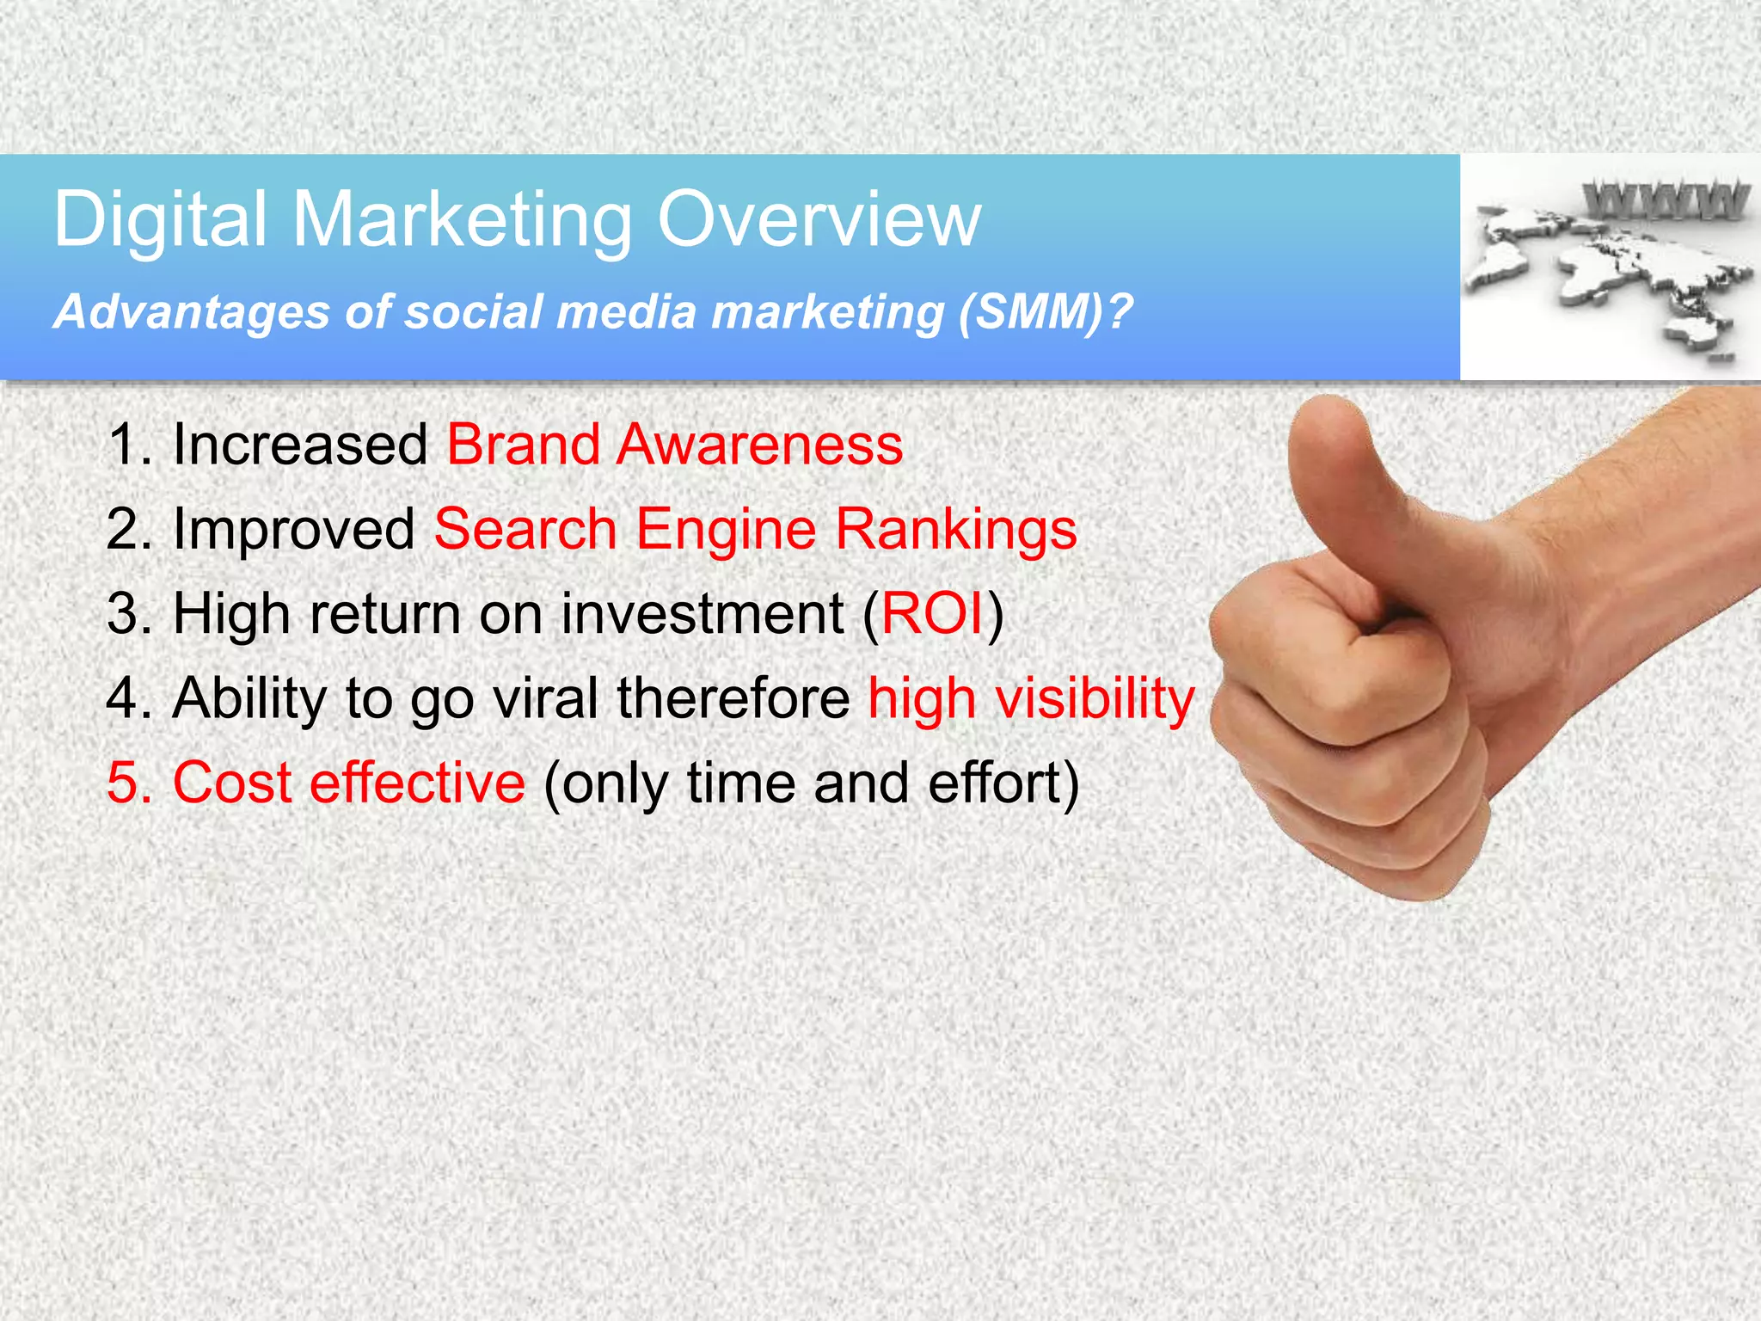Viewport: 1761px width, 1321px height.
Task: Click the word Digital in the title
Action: point(160,221)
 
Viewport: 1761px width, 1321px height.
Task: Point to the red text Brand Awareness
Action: point(674,445)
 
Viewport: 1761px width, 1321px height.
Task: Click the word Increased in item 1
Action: point(300,445)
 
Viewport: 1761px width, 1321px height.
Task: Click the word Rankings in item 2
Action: point(955,529)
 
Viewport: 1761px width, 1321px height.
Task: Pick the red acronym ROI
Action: point(932,614)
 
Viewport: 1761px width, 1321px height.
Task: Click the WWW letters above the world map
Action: point(1666,201)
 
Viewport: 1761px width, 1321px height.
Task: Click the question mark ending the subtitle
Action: point(1120,311)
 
